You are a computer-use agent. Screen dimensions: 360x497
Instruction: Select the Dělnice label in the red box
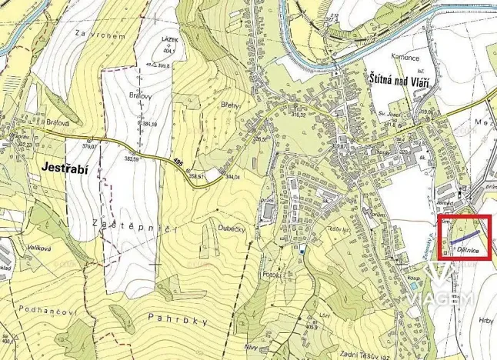(469, 251)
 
